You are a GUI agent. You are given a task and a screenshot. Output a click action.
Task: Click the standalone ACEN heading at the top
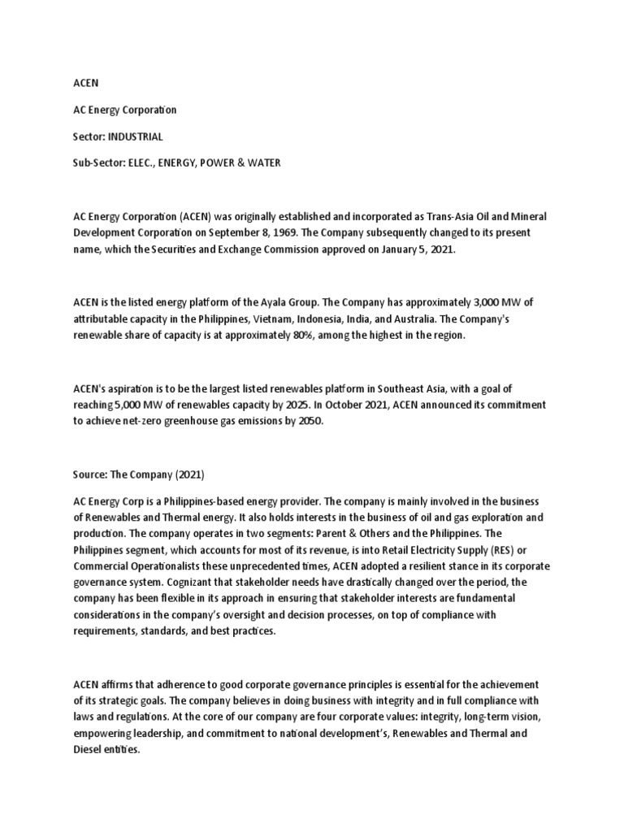[x=84, y=82]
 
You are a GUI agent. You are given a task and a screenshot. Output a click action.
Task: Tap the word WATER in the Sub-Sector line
[x=261, y=162]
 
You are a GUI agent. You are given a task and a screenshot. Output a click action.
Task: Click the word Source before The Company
[x=91, y=474]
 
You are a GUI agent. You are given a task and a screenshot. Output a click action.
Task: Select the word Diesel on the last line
[x=89, y=750]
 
